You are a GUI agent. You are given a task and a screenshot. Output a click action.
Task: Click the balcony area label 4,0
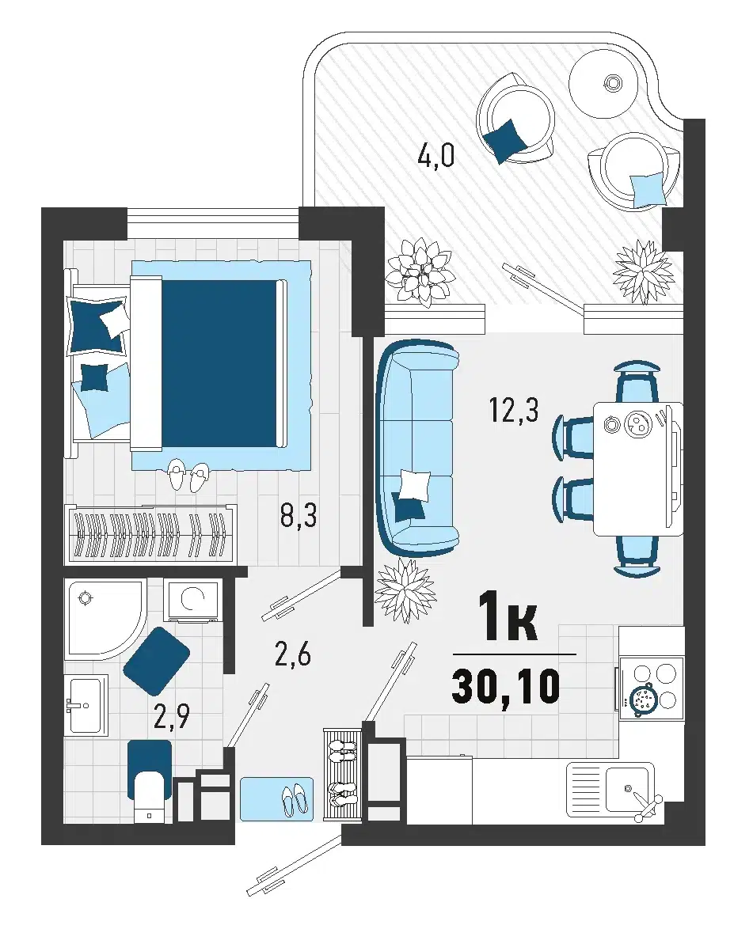pos(435,157)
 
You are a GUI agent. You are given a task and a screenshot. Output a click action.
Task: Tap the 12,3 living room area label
pos(513,409)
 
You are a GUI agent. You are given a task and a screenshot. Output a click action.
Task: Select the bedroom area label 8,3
pos(299,515)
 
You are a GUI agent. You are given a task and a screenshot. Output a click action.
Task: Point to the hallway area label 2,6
pos(292,655)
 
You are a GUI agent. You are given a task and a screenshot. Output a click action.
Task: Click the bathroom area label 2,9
pos(171,717)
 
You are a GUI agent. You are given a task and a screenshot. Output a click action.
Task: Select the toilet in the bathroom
pos(150,782)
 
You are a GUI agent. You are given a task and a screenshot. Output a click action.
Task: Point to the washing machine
pos(192,600)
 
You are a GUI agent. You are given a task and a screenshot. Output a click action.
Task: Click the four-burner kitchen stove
pos(649,689)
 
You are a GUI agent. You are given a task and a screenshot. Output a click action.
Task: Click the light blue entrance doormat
pos(276,799)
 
